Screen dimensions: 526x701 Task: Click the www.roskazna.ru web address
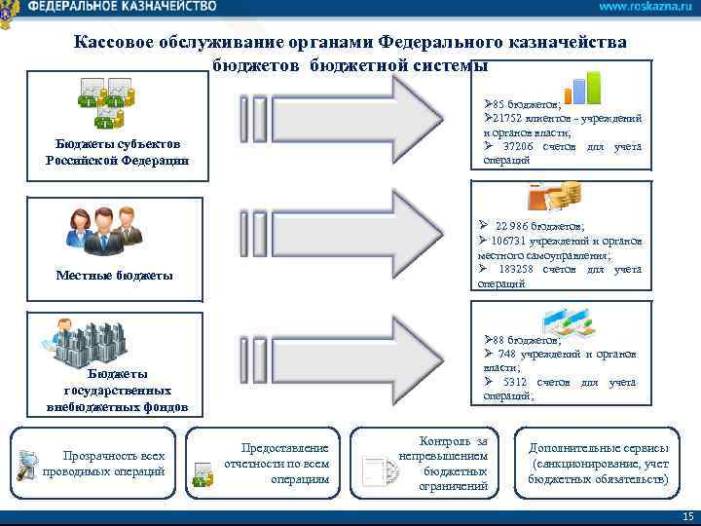[639, 7]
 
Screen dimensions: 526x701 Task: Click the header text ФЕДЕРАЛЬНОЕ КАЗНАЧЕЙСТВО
[123, 7]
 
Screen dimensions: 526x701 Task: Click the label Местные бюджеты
[115, 276]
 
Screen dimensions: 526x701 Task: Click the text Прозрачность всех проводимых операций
[113, 463]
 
